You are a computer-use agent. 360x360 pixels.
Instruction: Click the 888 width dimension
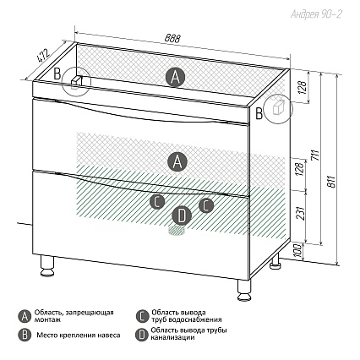(x=172, y=39)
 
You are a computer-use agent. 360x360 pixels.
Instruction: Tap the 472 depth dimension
(x=43, y=56)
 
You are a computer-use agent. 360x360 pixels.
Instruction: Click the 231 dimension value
(x=300, y=214)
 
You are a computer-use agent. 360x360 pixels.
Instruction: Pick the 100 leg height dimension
(x=298, y=251)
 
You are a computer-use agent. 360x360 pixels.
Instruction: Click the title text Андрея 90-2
(x=316, y=14)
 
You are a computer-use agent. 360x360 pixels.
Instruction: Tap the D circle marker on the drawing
(x=182, y=216)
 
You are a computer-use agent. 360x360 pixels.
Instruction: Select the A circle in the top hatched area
(x=175, y=77)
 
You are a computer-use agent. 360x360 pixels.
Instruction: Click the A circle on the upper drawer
(x=177, y=161)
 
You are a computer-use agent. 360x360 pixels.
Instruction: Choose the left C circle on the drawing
(x=157, y=202)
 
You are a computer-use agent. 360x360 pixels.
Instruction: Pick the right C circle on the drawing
(x=206, y=205)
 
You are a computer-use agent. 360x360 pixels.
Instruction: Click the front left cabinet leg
(x=47, y=265)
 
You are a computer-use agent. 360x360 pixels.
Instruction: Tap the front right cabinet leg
(x=244, y=291)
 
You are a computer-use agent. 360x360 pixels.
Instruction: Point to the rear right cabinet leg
(x=275, y=260)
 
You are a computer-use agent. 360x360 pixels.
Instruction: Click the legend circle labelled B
(x=25, y=335)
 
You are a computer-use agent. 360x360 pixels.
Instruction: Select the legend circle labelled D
(x=142, y=335)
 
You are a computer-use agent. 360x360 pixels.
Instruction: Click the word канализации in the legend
(x=172, y=337)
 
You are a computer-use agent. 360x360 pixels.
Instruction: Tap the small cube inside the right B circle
(x=279, y=107)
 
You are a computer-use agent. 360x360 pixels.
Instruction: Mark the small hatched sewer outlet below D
(x=177, y=231)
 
